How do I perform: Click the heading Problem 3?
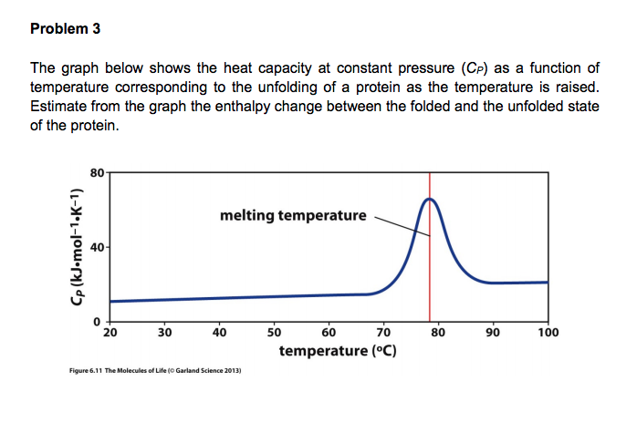coord(65,28)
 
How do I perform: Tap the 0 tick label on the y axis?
coord(99,323)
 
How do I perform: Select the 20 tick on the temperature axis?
coord(110,333)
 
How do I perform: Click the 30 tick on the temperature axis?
coord(164,333)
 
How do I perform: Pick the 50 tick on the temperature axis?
coord(274,333)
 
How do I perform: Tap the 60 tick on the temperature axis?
coord(329,333)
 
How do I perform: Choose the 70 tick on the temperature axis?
coord(383,333)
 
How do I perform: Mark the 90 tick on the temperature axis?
coord(493,333)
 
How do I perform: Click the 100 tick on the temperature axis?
coord(548,333)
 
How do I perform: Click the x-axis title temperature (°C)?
coord(337,351)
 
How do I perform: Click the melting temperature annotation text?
coord(292,216)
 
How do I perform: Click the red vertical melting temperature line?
coord(430,273)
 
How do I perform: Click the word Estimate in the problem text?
coord(60,107)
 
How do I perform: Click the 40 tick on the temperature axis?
coord(219,333)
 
